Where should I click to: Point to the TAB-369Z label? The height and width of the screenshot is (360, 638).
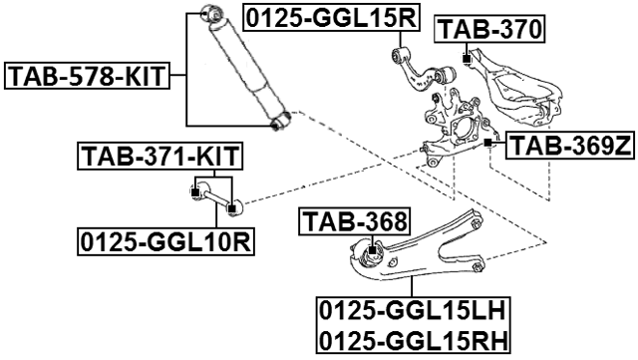pyautogui.click(x=569, y=147)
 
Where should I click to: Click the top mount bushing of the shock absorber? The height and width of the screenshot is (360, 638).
pyautogui.click(x=210, y=14)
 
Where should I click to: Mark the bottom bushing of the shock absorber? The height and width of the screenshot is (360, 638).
pyautogui.click(x=280, y=121)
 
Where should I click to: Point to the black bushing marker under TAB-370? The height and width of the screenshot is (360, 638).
pyautogui.click(x=466, y=60)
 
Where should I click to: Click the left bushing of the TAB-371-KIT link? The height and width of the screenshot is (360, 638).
pyautogui.click(x=195, y=190)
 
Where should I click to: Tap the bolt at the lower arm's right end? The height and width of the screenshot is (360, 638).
pyautogui.click(x=479, y=266)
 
